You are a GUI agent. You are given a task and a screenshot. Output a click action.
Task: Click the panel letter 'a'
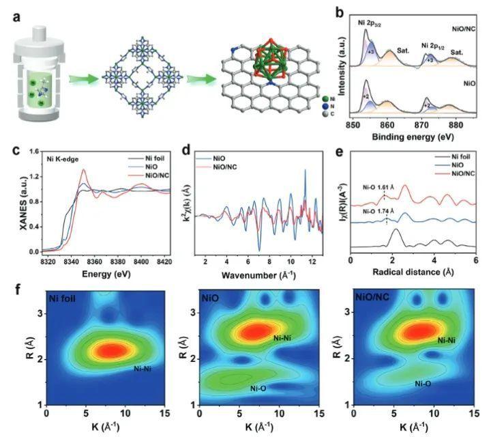pyautogui.click(x=15, y=15)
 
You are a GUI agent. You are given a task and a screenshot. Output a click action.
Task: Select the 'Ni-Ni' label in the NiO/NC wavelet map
pyautogui.click(x=446, y=339)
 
